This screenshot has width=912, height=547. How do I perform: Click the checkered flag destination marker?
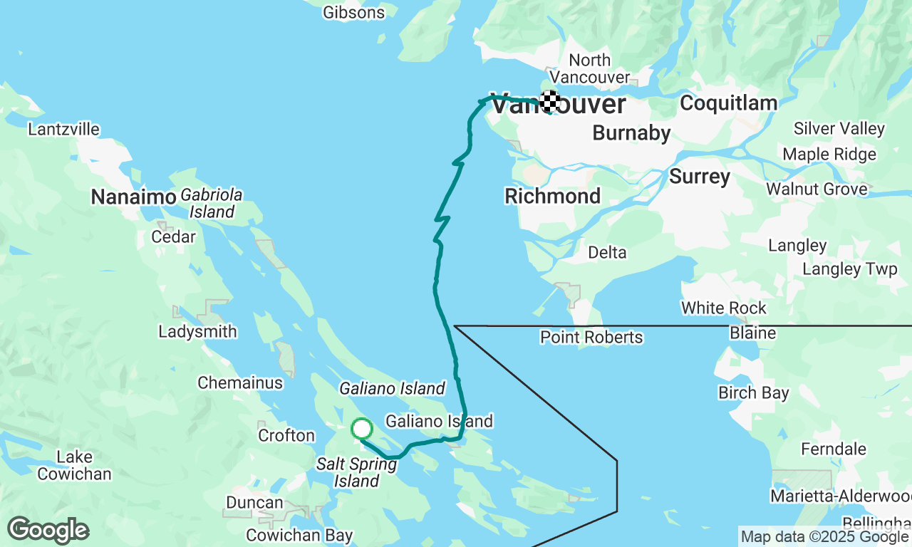click(549, 101)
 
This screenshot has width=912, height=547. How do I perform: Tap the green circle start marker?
click(362, 429)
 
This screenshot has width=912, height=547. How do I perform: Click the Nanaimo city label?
click(133, 197)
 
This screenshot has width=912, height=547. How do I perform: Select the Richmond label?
click(552, 196)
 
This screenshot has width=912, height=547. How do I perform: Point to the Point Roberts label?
click(591, 337)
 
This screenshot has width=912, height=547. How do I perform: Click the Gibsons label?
click(353, 12)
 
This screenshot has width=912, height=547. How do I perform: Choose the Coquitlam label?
click(728, 103)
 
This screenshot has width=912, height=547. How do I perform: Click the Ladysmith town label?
click(197, 332)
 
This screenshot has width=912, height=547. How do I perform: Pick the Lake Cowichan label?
click(74, 465)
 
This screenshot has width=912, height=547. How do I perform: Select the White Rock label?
click(723, 308)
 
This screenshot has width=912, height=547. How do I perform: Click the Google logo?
click(48, 531)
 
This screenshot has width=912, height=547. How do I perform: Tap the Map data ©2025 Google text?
click(824, 537)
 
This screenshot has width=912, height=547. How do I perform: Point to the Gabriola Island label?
click(212, 203)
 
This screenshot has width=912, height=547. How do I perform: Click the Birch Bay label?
click(753, 393)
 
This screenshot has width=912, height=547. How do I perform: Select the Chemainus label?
click(240, 383)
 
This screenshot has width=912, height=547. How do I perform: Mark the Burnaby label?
click(631, 133)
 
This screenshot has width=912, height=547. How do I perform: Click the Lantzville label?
click(63, 130)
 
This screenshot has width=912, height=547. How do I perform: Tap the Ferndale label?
click(834, 449)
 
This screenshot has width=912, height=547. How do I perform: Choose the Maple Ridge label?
click(829, 155)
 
